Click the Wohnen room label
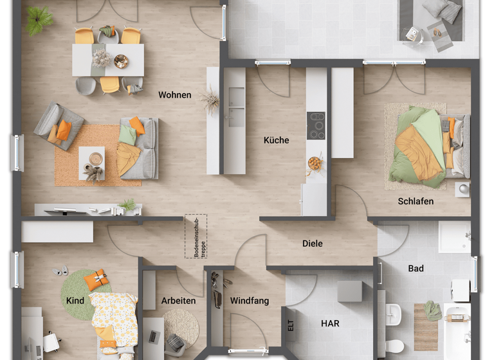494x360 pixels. pyautogui.click(x=175, y=95)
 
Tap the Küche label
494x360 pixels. pyautogui.click(x=276, y=140)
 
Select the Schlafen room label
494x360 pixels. pyautogui.click(x=416, y=201)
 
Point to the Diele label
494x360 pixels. pyautogui.click(x=313, y=244)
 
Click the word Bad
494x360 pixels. pyautogui.click(x=416, y=269)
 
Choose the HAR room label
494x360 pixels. pyautogui.click(x=330, y=323)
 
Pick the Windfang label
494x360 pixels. pyautogui.click(x=250, y=301)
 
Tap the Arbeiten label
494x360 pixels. pyautogui.click(x=179, y=301)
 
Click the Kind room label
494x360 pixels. pyautogui.click(x=75, y=301)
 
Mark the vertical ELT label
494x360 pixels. pyautogui.click(x=291, y=325)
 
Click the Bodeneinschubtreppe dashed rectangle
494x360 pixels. pyautogui.click(x=196, y=237)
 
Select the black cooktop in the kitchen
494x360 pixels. pyautogui.click(x=316, y=125)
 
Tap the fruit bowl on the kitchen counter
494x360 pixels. pyautogui.click(x=315, y=163)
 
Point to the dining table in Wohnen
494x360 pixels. pyautogui.click(x=108, y=60)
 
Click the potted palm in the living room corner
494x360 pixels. pyautogui.click(x=41, y=17)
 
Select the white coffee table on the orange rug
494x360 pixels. pyautogui.click(x=92, y=161)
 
